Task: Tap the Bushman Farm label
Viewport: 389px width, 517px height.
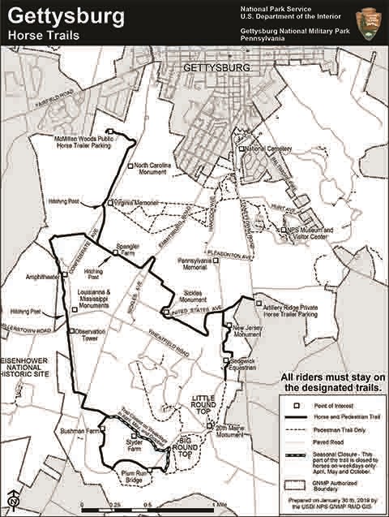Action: [x=77, y=432]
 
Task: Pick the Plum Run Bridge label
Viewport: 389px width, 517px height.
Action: [x=132, y=476]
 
